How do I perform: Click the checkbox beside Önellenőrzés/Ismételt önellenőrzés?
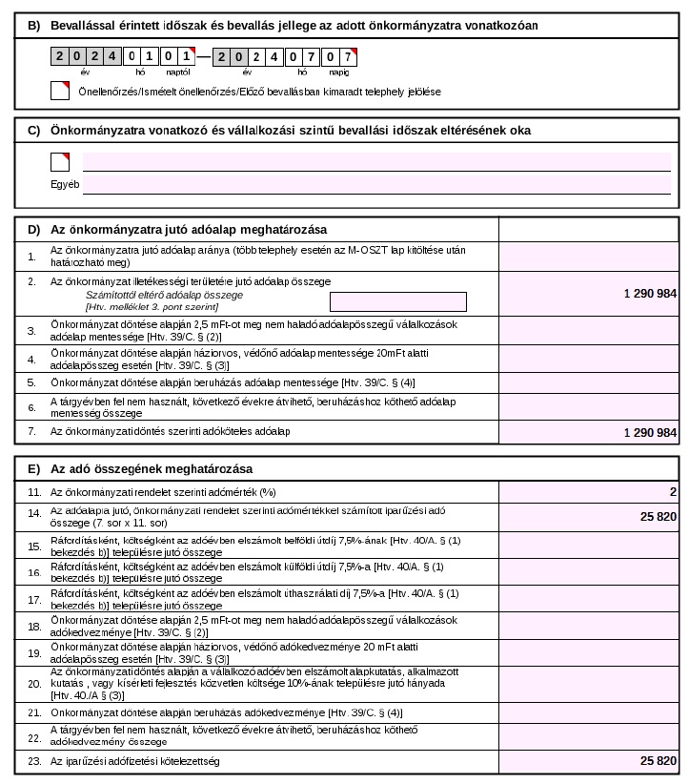click(x=59, y=91)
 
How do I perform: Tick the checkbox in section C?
click(x=59, y=161)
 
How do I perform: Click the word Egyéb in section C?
click(x=64, y=184)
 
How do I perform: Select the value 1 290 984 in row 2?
click(x=650, y=294)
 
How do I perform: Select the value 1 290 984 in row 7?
click(x=650, y=433)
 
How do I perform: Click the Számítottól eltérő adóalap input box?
click(x=397, y=301)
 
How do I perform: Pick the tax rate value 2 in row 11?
click(x=673, y=492)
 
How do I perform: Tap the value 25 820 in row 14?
click(x=659, y=516)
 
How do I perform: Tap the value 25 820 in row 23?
click(x=659, y=760)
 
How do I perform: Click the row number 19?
click(x=33, y=653)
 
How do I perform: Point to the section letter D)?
click(x=33, y=230)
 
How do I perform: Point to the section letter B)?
click(x=33, y=25)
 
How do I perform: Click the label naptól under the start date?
click(x=178, y=71)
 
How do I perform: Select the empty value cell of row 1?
click(x=588, y=256)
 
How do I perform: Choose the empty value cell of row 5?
click(x=588, y=382)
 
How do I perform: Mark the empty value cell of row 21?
click(x=588, y=712)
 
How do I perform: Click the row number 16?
click(x=33, y=572)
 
